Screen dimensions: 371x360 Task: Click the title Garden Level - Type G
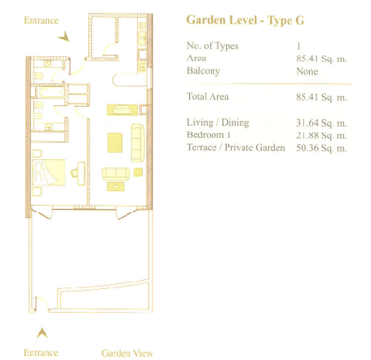click(x=245, y=20)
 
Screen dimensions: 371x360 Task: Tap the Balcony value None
click(x=307, y=71)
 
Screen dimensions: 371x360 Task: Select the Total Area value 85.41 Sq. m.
click(x=321, y=97)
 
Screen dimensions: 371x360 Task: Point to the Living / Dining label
click(x=218, y=122)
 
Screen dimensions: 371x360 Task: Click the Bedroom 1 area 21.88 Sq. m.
click(x=321, y=136)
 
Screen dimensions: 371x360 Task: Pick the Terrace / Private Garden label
click(x=236, y=148)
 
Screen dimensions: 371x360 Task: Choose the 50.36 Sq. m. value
click(x=321, y=149)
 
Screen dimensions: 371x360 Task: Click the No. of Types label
click(x=213, y=46)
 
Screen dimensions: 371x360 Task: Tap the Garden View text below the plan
click(x=127, y=353)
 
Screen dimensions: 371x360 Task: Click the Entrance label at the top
click(x=41, y=20)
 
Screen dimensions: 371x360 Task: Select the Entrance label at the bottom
click(x=41, y=353)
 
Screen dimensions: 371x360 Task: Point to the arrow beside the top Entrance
click(x=64, y=37)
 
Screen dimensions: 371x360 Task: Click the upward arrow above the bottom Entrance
click(x=42, y=332)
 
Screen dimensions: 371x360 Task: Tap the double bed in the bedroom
click(x=49, y=172)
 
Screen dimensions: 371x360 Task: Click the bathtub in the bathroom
click(x=51, y=92)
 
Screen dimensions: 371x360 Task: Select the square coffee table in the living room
click(x=115, y=143)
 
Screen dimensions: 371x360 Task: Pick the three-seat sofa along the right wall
click(x=138, y=143)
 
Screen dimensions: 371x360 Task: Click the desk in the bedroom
click(x=82, y=173)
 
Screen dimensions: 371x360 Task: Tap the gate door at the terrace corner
click(x=42, y=302)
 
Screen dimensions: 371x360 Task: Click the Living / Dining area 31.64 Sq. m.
click(x=321, y=123)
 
